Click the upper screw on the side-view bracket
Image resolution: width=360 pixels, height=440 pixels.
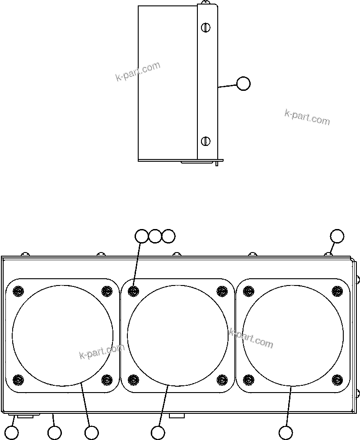coord(206,28)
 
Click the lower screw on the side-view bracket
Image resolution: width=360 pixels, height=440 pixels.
coord(206,140)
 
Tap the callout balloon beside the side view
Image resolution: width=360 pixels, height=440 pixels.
coord(243,84)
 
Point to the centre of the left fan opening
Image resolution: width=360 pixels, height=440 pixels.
coord(62,335)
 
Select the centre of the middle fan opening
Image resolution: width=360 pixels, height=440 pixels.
coord(178,335)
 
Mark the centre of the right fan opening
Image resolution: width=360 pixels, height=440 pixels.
coord(293,335)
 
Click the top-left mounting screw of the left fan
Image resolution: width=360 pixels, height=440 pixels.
coord(18,291)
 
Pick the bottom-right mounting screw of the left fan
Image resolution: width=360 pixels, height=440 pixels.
coord(107,379)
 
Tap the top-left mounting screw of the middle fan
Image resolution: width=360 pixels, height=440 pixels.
coord(133,291)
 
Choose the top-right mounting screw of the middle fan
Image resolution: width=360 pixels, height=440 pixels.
coord(222,291)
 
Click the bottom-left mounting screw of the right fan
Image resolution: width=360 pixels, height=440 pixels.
coord(248,379)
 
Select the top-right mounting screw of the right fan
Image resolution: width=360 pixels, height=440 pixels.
coord(337,291)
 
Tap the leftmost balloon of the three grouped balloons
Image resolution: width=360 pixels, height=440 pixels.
coord(142,236)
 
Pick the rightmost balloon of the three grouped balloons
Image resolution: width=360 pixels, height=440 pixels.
coord(168,236)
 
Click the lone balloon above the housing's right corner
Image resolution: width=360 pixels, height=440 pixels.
coord(337,236)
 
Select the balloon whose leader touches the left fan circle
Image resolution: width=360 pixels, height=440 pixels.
coord(92,432)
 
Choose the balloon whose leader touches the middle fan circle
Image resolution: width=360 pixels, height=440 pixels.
coord(158,432)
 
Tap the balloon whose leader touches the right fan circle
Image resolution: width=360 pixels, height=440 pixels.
coord(285,432)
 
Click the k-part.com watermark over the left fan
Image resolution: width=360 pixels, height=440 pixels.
coord(101,351)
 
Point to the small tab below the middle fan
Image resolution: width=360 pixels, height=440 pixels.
coord(177,415)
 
